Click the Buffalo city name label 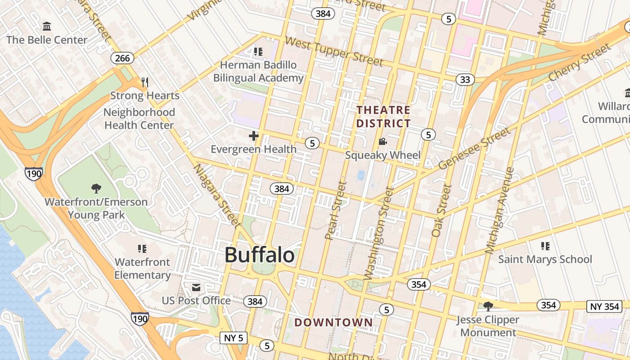pos(260,255)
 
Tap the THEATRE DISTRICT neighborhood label pos(383,117)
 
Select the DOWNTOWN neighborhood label pos(333,322)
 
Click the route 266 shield pos(122,58)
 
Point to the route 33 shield pos(465,80)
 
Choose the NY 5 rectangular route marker pos(234,337)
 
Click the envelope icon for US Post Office pos(196,287)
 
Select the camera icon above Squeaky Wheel pos(382,142)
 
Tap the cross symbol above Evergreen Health pos(254,135)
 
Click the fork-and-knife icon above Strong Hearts pos(144,82)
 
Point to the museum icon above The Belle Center pos(47,26)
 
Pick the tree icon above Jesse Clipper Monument pos(488,306)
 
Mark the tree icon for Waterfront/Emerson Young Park pos(96,188)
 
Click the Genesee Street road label pos(475,148)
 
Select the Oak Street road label pos(441,210)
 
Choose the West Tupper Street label pos(334,51)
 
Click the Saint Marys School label pos(545,259)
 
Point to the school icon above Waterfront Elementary pos(142,248)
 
